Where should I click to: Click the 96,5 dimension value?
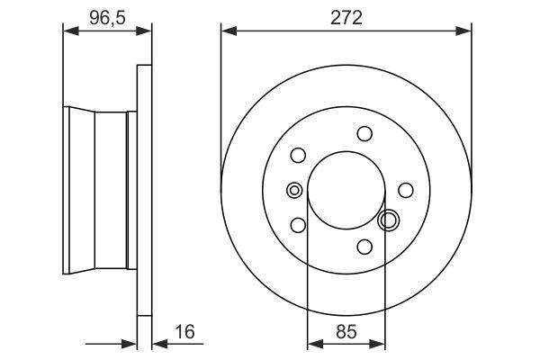tap(106, 16)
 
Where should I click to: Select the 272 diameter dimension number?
tap(346, 16)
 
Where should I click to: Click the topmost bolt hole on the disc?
tap(364, 134)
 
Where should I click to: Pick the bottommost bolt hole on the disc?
tap(364, 246)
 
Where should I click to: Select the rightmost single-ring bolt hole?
tap(406, 190)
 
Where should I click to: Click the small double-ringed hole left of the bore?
tap(293, 190)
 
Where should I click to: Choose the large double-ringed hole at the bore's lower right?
tap(390, 219)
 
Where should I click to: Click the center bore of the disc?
tap(346, 190)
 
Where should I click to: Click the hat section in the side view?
tap(99, 190)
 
